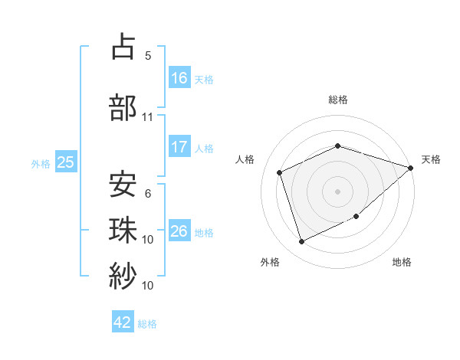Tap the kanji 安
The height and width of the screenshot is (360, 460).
click(x=123, y=184)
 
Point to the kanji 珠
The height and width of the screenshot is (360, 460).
click(x=123, y=228)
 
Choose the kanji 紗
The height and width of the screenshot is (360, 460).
click(x=123, y=273)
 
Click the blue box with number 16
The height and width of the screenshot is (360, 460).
click(x=179, y=78)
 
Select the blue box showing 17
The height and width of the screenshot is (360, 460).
click(x=179, y=147)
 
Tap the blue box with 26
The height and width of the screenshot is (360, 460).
click(x=179, y=231)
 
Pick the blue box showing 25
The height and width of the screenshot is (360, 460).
click(x=65, y=162)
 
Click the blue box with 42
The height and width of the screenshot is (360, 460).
click(x=123, y=322)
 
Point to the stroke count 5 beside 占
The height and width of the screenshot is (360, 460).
click(x=148, y=56)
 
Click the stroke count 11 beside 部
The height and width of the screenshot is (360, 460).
click(x=148, y=117)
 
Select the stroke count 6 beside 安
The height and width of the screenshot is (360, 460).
click(x=148, y=194)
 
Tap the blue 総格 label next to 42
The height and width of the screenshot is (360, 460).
click(x=147, y=324)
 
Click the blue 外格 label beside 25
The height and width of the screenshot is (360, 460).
click(x=41, y=163)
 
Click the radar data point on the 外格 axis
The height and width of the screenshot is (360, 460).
click(x=302, y=242)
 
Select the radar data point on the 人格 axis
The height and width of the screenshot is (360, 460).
click(x=280, y=172)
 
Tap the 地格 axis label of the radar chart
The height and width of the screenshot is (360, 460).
click(x=402, y=262)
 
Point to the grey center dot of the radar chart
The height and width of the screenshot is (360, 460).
click(x=337, y=191)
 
